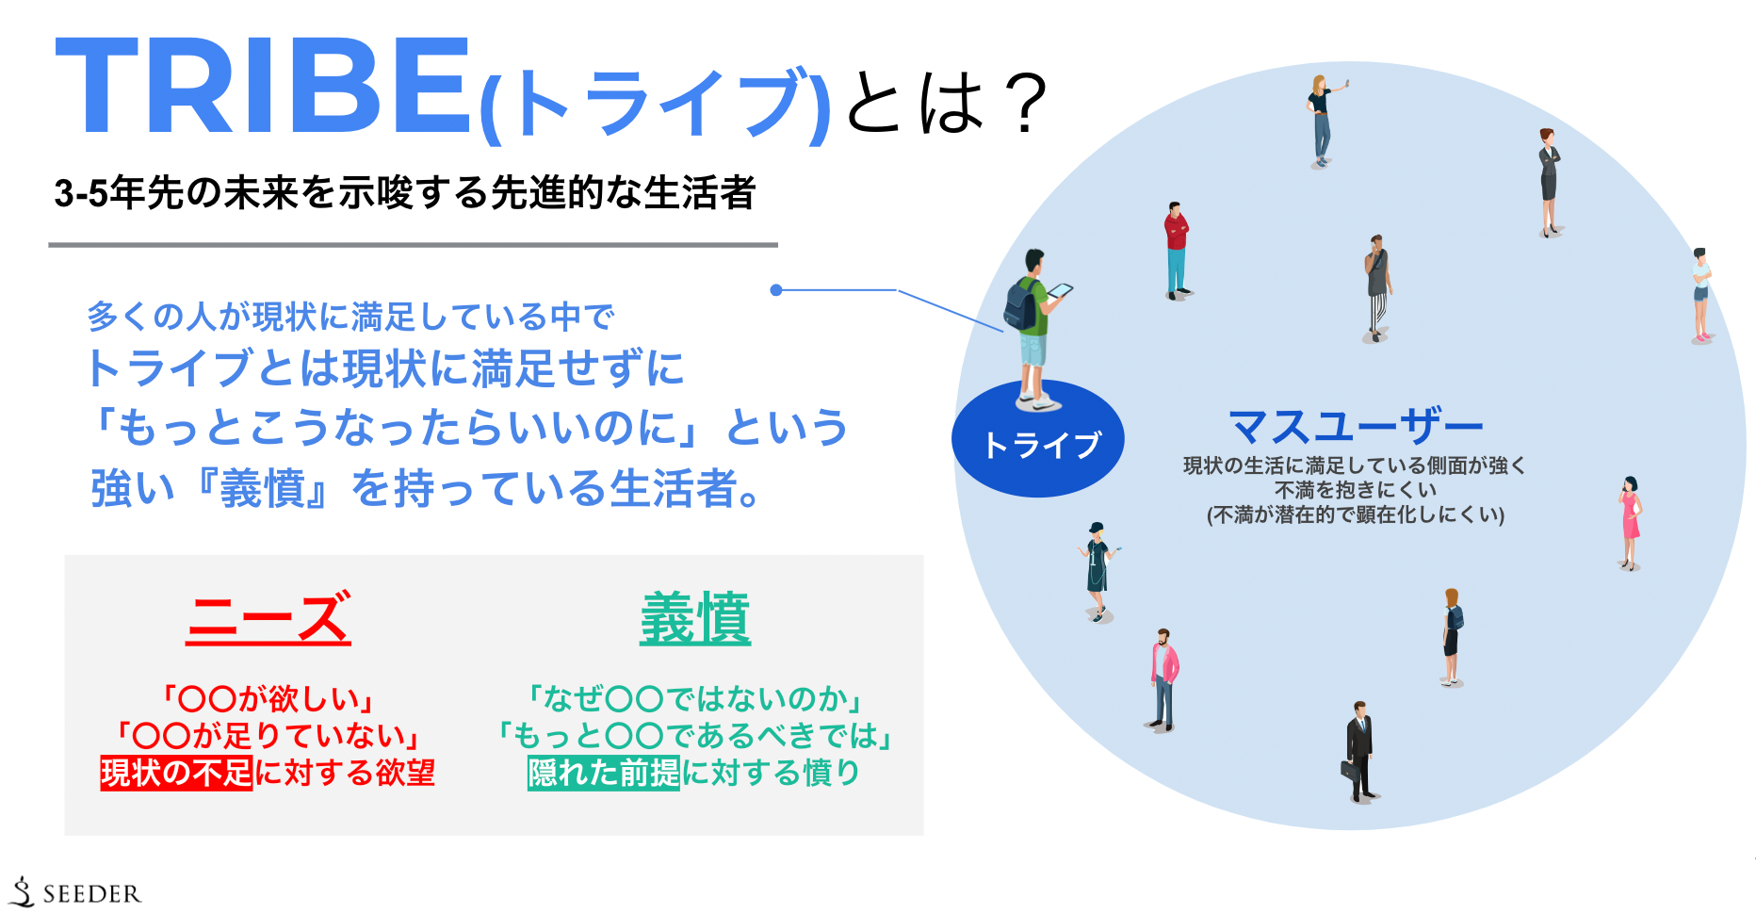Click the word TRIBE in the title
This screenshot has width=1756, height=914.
point(264,87)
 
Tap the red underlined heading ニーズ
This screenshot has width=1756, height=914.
point(268,618)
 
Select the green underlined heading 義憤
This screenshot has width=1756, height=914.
point(695,618)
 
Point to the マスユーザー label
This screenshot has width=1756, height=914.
point(1356,427)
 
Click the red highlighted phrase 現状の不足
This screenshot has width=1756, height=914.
point(176,773)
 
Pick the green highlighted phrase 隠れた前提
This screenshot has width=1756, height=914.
point(603,773)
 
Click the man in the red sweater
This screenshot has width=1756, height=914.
point(1176,250)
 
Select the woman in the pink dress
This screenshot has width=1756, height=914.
point(1631,522)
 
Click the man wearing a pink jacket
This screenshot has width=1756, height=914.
point(1164,678)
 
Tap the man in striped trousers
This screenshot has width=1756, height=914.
point(1377,287)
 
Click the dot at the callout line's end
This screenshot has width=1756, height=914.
point(776,290)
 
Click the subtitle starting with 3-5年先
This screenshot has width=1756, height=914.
point(405,193)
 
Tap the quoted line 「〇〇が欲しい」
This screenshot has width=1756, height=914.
point(268,698)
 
